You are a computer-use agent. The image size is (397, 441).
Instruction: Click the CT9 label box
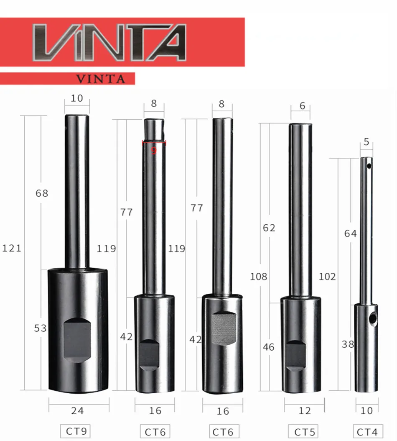(x=76, y=431)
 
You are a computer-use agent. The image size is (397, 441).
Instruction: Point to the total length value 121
(x=12, y=249)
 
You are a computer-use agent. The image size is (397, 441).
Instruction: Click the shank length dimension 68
(x=42, y=193)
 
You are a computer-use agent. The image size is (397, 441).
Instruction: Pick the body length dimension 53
(x=40, y=328)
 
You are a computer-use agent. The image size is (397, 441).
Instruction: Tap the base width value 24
(x=77, y=410)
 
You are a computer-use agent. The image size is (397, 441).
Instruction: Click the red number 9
(x=154, y=151)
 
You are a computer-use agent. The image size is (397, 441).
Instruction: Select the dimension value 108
(x=259, y=277)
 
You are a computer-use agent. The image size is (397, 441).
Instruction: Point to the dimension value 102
(x=327, y=277)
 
